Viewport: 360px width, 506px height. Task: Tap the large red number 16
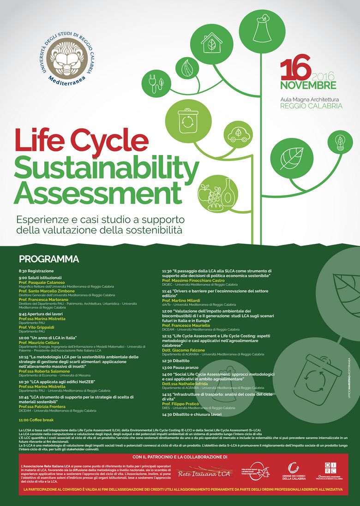click(x=296, y=70)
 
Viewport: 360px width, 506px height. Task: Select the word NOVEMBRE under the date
click(x=308, y=86)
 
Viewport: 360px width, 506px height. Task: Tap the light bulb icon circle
click(x=340, y=142)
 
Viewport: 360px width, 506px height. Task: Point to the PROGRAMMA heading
click(x=49, y=259)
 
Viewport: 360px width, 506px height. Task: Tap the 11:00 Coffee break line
click(x=36, y=420)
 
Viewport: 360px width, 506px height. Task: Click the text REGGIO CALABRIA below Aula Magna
click(x=311, y=106)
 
